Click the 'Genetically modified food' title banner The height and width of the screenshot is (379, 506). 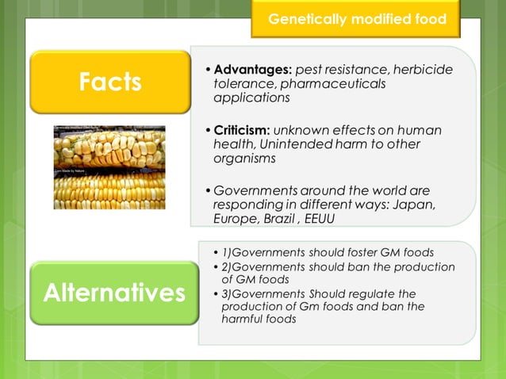(x=357, y=19)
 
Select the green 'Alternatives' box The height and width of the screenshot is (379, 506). (x=113, y=293)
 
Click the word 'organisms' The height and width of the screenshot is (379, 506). (x=243, y=159)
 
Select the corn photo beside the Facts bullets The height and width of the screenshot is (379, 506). (x=109, y=167)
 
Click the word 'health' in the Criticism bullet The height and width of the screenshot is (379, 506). (x=232, y=144)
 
